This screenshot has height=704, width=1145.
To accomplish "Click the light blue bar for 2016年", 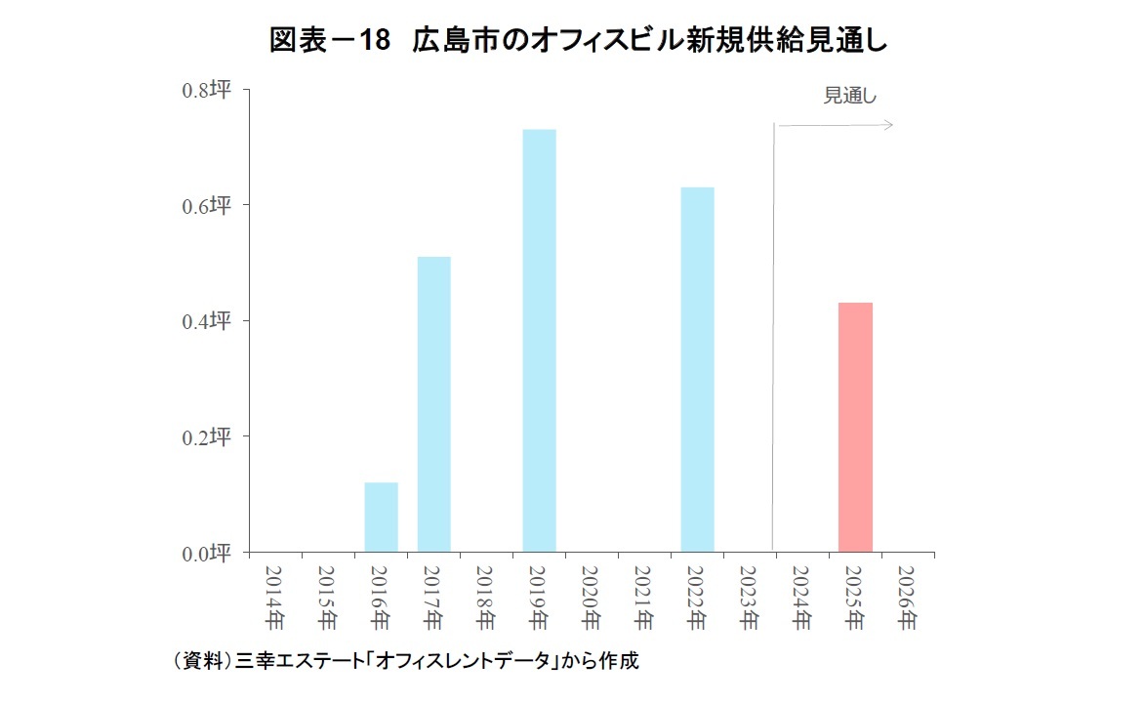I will [x=381, y=518].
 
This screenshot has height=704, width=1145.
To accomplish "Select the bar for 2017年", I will [x=433, y=404].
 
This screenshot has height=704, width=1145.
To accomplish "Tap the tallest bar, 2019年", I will [x=539, y=341].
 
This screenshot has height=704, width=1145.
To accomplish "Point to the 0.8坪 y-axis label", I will [x=206, y=90].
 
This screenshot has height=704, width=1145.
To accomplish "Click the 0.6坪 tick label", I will [x=206, y=205].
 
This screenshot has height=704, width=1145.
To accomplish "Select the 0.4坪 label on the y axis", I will [x=206, y=320].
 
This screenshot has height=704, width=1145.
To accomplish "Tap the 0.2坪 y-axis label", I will [x=206, y=436].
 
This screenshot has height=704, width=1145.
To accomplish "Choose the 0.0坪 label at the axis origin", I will [x=206, y=554].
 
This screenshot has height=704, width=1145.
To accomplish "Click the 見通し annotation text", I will [x=850, y=96].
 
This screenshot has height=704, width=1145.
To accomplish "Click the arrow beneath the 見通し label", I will [x=836, y=125].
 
